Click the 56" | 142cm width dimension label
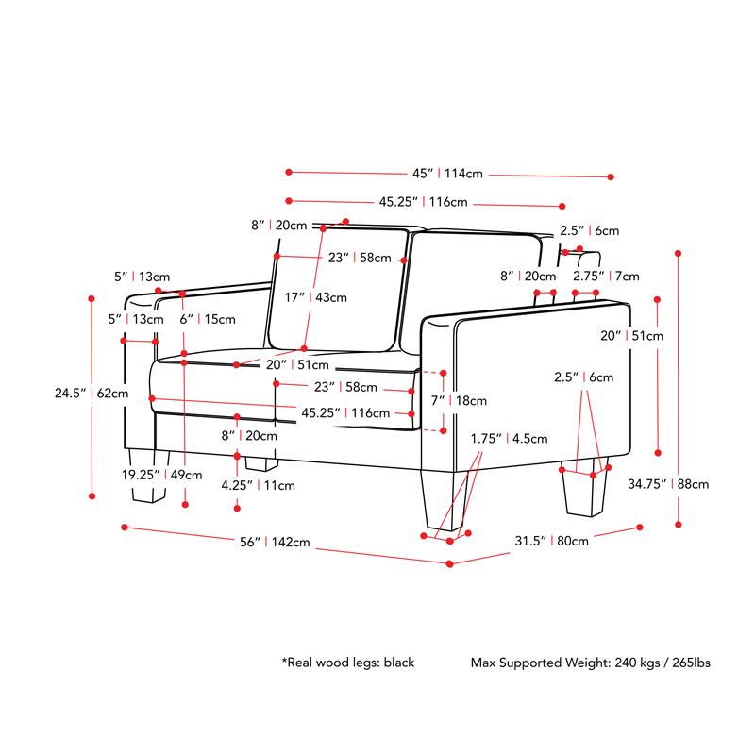pyautogui.click(x=275, y=542)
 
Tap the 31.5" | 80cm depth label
pyautogui.click(x=551, y=541)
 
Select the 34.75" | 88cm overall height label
pyautogui.click(x=668, y=484)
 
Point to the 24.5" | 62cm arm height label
pyautogui.click(x=92, y=393)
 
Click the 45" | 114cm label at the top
pyautogui.click(x=447, y=174)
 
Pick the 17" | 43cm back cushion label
pyautogui.click(x=315, y=297)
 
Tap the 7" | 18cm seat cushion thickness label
pyautogui.click(x=459, y=400)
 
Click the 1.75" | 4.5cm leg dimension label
pyautogui.click(x=509, y=439)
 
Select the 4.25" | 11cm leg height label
pyautogui.click(x=258, y=485)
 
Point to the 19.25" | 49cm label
pyautogui.click(x=161, y=475)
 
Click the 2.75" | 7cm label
pyautogui.click(x=606, y=277)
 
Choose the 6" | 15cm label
pyautogui.click(x=208, y=319)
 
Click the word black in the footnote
pyautogui.click(x=398, y=663)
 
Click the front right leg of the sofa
pyautogui.click(x=444, y=500)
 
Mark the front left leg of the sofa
pyautogui.click(x=149, y=476)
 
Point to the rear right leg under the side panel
pyautogui.click(x=584, y=487)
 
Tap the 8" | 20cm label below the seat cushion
pyautogui.click(x=249, y=436)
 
